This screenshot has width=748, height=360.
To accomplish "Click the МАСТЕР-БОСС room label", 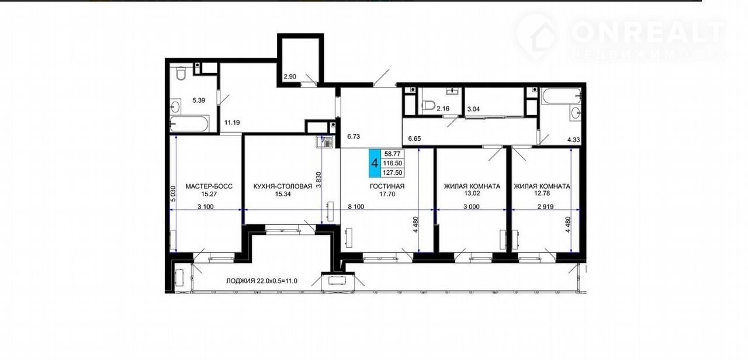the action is tap(209, 186).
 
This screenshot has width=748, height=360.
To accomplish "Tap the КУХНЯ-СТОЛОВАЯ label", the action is tap(283, 186).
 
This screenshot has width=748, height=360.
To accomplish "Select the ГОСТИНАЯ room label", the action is tap(387, 186).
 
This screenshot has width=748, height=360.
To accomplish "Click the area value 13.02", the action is tap(472, 193).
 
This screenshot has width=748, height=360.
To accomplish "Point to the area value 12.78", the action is tap(542, 193).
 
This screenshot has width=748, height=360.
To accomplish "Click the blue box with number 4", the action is tap(375, 163).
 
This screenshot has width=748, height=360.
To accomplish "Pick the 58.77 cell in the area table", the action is tap(393, 154).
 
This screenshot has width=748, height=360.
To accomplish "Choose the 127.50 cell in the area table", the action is tap(393, 172).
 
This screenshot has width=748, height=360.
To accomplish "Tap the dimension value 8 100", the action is tap(356, 207).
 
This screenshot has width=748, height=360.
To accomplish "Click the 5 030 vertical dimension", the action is tap(173, 193).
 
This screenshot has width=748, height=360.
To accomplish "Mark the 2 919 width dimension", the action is tap(545, 207).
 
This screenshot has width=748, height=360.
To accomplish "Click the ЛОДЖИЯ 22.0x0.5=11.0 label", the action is tap(262, 281).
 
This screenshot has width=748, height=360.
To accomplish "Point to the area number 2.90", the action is tap(290, 77).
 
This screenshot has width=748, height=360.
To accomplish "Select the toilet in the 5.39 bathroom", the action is tap(181, 74).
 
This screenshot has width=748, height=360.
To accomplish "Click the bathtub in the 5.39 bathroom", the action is tap(189, 124).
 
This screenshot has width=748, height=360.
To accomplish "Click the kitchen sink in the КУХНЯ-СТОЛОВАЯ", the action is tap(324, 142).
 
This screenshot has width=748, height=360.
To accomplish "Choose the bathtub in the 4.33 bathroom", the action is tap(562, 96).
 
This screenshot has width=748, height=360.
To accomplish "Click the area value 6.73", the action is tap(354, 136).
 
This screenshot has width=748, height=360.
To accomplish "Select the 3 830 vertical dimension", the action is tap(318, 180).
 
